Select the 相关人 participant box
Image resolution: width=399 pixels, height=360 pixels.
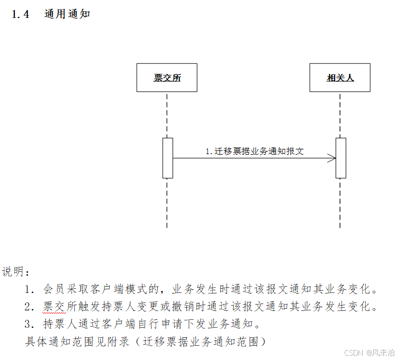(x=340, y=78)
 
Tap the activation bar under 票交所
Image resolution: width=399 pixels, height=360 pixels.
(x=167, y=158)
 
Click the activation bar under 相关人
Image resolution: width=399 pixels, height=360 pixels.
(x=341, y=158)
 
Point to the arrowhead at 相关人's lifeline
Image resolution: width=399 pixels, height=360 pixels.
(x=332, y=158)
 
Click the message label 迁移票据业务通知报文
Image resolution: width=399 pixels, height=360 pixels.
(x=254, y=151)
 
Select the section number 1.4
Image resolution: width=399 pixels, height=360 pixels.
(x=21, y=14)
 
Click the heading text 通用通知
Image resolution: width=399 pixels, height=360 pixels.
(x=67, y=14)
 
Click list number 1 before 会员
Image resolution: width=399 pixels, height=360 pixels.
(x=29, y=289)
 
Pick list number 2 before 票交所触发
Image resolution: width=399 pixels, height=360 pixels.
(x=29, y=307)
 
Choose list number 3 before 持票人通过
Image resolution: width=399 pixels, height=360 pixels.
(x=29, y=324)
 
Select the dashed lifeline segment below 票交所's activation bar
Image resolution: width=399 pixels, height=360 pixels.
(x=167, y=203)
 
